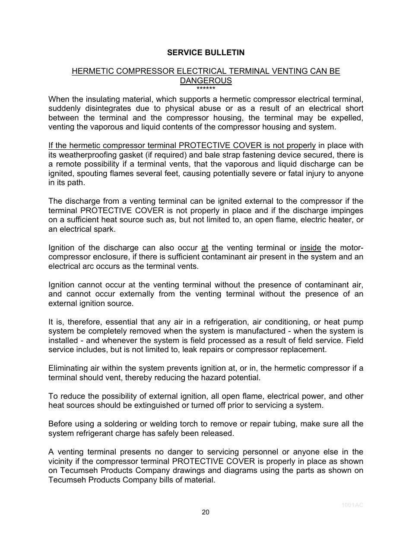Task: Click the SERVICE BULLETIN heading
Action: coord(206,53)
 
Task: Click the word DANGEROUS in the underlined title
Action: coord(206,81)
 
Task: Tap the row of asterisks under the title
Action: coord(206,89)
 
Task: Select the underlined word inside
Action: coord(311,248)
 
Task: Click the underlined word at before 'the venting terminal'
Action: coord(205,248)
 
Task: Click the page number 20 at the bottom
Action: coord(206,512)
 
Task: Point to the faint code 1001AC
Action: coord(352,505)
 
